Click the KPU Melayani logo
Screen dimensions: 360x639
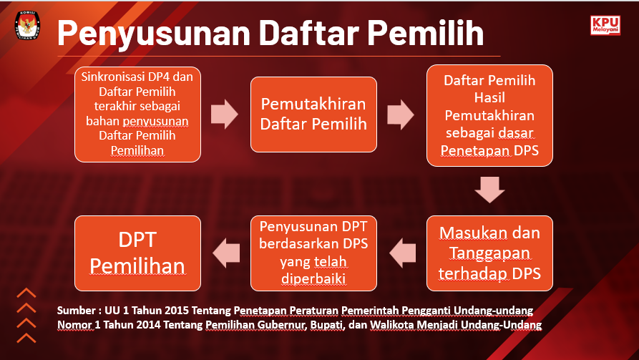point(605,26)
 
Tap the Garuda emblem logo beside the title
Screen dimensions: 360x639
point(27,27)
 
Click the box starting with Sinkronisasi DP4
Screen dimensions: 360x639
point(138,113)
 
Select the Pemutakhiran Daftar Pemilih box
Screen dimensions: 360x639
point(313,114)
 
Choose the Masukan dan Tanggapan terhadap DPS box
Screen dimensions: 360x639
point(489,253)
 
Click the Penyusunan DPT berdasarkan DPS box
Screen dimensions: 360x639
point(313,253)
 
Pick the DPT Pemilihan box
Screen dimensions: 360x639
point(138,253)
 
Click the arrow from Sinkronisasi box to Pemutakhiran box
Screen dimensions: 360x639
point(225,114)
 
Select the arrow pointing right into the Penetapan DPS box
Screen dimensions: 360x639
point(401,114)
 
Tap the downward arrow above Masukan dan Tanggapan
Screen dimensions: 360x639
point(489,190)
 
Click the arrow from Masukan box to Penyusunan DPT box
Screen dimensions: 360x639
point(402,252)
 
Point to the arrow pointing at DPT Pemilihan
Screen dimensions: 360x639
point(226,252)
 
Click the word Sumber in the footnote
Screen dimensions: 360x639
point(77,311)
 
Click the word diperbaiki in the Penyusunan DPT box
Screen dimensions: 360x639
point(313,276)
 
